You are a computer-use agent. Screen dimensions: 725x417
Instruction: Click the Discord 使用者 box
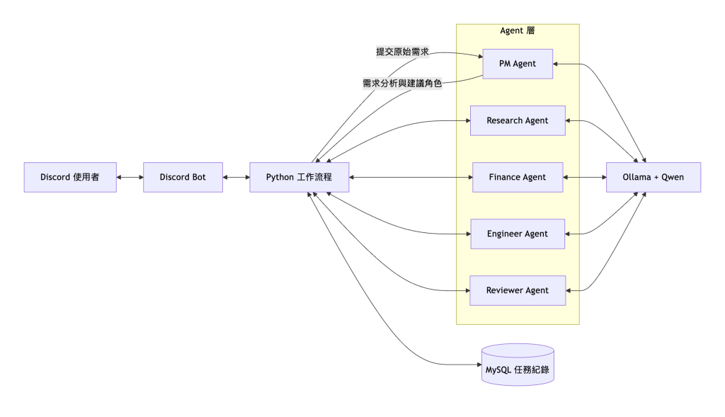[x=70, y=177]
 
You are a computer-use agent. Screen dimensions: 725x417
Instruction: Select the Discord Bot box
[x=183, y=177]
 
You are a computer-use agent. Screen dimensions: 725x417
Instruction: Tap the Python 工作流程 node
[x=299, y=177]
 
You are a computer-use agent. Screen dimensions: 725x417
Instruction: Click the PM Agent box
[x=518, y=64]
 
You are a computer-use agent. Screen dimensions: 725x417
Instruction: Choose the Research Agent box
[x=518, y=120]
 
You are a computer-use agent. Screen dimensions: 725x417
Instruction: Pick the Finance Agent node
[x=518, y=177]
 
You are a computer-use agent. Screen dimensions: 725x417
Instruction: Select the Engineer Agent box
[x=518, y=234]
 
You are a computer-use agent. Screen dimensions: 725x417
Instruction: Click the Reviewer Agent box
[x=518, y=291]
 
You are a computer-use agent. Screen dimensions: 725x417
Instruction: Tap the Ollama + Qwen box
[x=653, y=177]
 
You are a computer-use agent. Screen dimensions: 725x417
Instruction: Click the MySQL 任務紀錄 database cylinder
[x=518, y=365]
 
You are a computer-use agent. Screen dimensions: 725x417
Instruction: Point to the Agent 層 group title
[x=518, y=30]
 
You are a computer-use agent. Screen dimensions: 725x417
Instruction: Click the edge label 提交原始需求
[x=402, y=52]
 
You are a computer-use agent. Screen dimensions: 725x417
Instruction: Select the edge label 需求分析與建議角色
[x=402, y=84]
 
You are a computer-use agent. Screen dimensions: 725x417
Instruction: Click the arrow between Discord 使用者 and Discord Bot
[x=130, y=177]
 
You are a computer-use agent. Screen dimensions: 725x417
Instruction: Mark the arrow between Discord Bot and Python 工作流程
[x=236, y=177]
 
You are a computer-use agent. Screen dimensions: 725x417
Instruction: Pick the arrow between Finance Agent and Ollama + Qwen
[x=585, y=177]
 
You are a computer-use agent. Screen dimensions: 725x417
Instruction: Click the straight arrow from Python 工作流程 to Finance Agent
[x=411, y=177]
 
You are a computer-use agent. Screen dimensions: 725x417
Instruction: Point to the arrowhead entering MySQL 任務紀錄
[x=479, y=365]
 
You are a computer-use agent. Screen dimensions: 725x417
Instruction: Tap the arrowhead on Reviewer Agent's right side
[x=569, y=291]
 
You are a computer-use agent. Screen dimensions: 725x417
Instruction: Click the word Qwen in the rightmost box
[x=673, y=177]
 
